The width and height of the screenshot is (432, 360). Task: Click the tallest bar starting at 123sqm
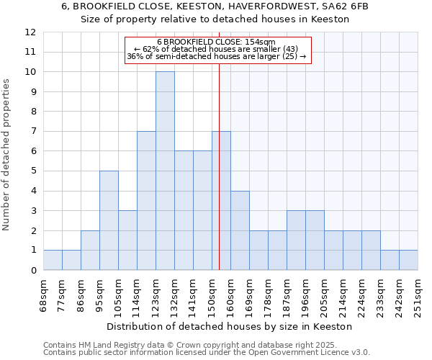pyautogui.click(x=165, y=171)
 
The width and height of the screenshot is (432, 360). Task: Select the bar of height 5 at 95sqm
pyautogui.click(x=109, y=220)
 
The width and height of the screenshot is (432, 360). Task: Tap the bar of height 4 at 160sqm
pyautogui.click(x=240, y=230)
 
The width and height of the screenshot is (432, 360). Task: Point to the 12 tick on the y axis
pyautogui.click(x=30, y=32)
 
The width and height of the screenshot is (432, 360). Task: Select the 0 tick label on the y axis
pyautogui.click(x=33, y=271)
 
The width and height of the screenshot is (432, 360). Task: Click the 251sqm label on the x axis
pyautogui.click(x=418, y=295)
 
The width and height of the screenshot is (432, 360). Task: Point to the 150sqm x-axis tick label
pyautogui.click(x=212, y=295)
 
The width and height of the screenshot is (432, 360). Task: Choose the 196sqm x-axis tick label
pyautogui.click(x=305, y=295)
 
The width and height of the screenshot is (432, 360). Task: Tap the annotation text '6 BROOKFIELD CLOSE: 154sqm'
pyautogui.click(x=216, y=42)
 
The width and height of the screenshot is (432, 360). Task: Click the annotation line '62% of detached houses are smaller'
pyautogui.click(x=217, y=49)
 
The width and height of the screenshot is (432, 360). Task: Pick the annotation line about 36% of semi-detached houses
pyautogui.click(x=217, y=56)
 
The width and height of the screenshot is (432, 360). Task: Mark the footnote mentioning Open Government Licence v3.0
pyautogui.click(x=207, y=353)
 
